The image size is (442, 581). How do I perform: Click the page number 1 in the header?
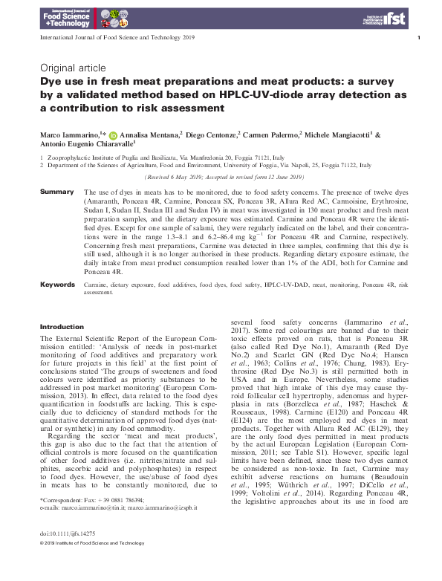point(419,37)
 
